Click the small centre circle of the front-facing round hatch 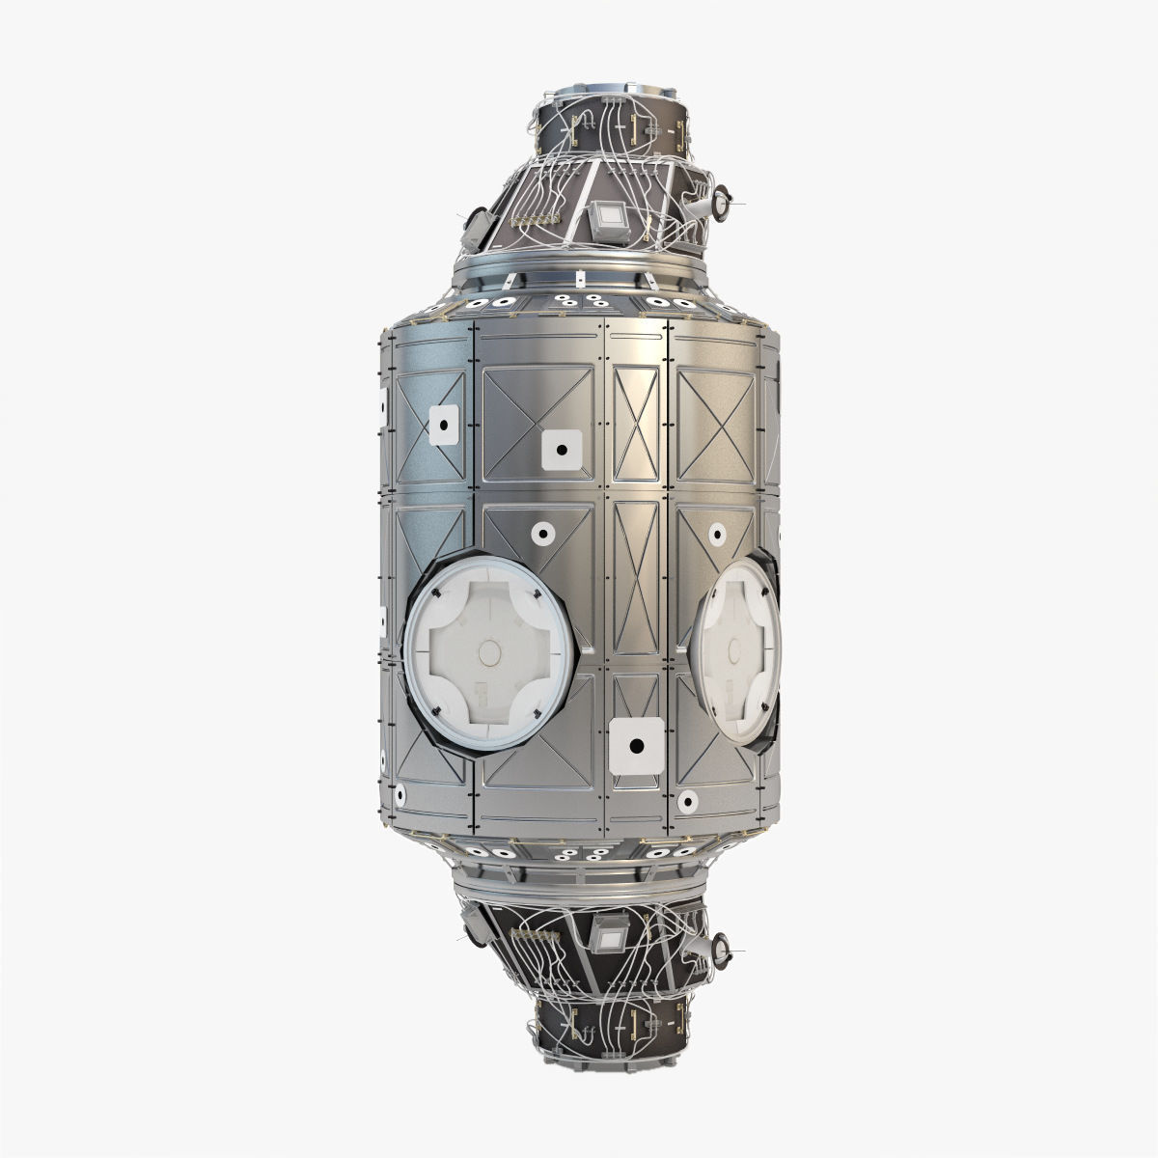(x=490, y=654)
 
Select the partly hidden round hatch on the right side (x=738, y=652)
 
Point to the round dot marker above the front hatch (x=541, y=532)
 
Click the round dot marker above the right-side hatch (x=717, y=532)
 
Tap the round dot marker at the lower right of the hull (x=687, y=801)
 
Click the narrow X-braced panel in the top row (x=634, y=417)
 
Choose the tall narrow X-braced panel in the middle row (x=634, y=578)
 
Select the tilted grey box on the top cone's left (x=479, y=223)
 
